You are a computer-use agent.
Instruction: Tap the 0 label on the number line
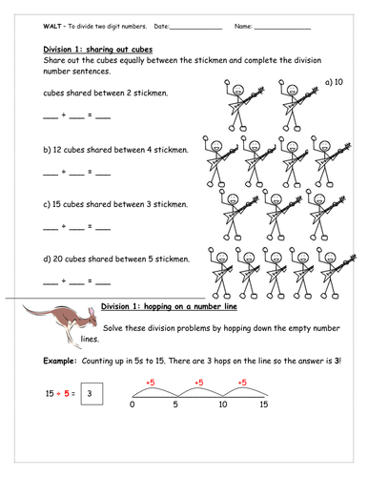click(132, 404)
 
